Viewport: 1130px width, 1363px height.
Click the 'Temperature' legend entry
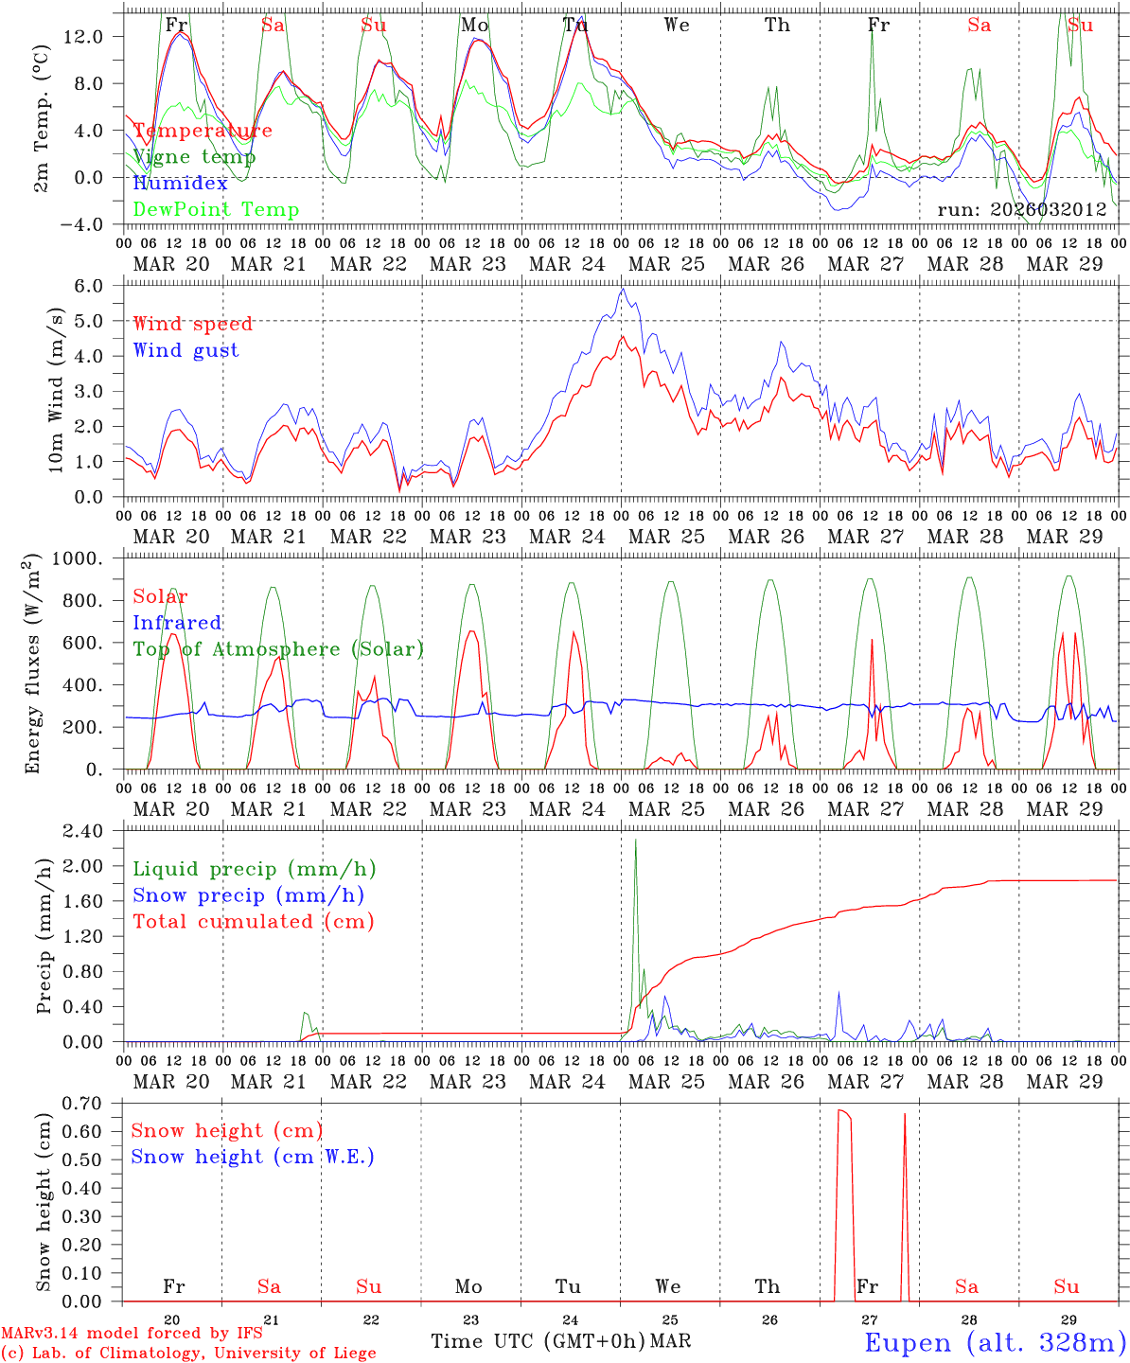coord(203,131)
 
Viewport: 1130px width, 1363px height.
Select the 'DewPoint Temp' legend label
coord(216,209)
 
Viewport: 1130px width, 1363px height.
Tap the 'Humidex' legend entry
coord(181,183)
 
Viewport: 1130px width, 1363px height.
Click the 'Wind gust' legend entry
coord(185,350)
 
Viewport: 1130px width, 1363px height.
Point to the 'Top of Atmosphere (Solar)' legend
coord(277,649)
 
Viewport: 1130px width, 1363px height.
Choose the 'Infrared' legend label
coord(177,623)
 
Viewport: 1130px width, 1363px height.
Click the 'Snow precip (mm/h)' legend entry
coord(248,895)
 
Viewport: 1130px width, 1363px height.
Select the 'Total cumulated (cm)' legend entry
coord(253,921)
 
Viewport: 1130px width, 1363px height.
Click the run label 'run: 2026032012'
coord(1021,209)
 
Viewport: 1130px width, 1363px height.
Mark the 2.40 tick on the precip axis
coord(95,831)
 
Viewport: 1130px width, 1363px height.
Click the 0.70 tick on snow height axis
coord(95,1103)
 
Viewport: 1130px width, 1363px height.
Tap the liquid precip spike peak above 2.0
coord(635,840)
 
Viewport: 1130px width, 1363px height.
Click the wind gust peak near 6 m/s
coord(622,290)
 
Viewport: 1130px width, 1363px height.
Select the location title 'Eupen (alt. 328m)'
coord(995,1342)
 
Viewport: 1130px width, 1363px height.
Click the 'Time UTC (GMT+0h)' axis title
coord(538,1341)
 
